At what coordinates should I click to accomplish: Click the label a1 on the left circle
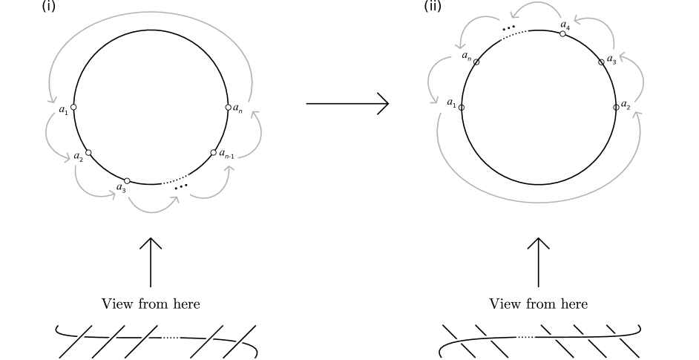tap(63, 110)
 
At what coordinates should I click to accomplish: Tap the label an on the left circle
tap(237, 108)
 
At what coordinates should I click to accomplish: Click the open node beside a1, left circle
tap(73, 108)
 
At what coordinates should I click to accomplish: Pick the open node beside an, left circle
tap(228, 108)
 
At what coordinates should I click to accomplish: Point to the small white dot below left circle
tap(127, 180)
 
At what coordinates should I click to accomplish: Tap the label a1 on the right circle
tap(451, 103)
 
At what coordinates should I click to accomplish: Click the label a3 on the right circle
tap(611, 59)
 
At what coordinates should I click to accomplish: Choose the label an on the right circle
tap(466, 56)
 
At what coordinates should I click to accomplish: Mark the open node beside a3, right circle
tap(602, 63)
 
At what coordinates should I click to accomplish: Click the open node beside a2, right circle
tap(616, 108)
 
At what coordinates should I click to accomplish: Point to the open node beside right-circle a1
tap(462, 108)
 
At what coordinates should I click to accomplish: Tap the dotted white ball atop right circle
tap(513, 30)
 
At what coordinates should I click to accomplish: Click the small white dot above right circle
tap(563, 33)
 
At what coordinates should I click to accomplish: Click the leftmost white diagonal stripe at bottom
tap(76, 340)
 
